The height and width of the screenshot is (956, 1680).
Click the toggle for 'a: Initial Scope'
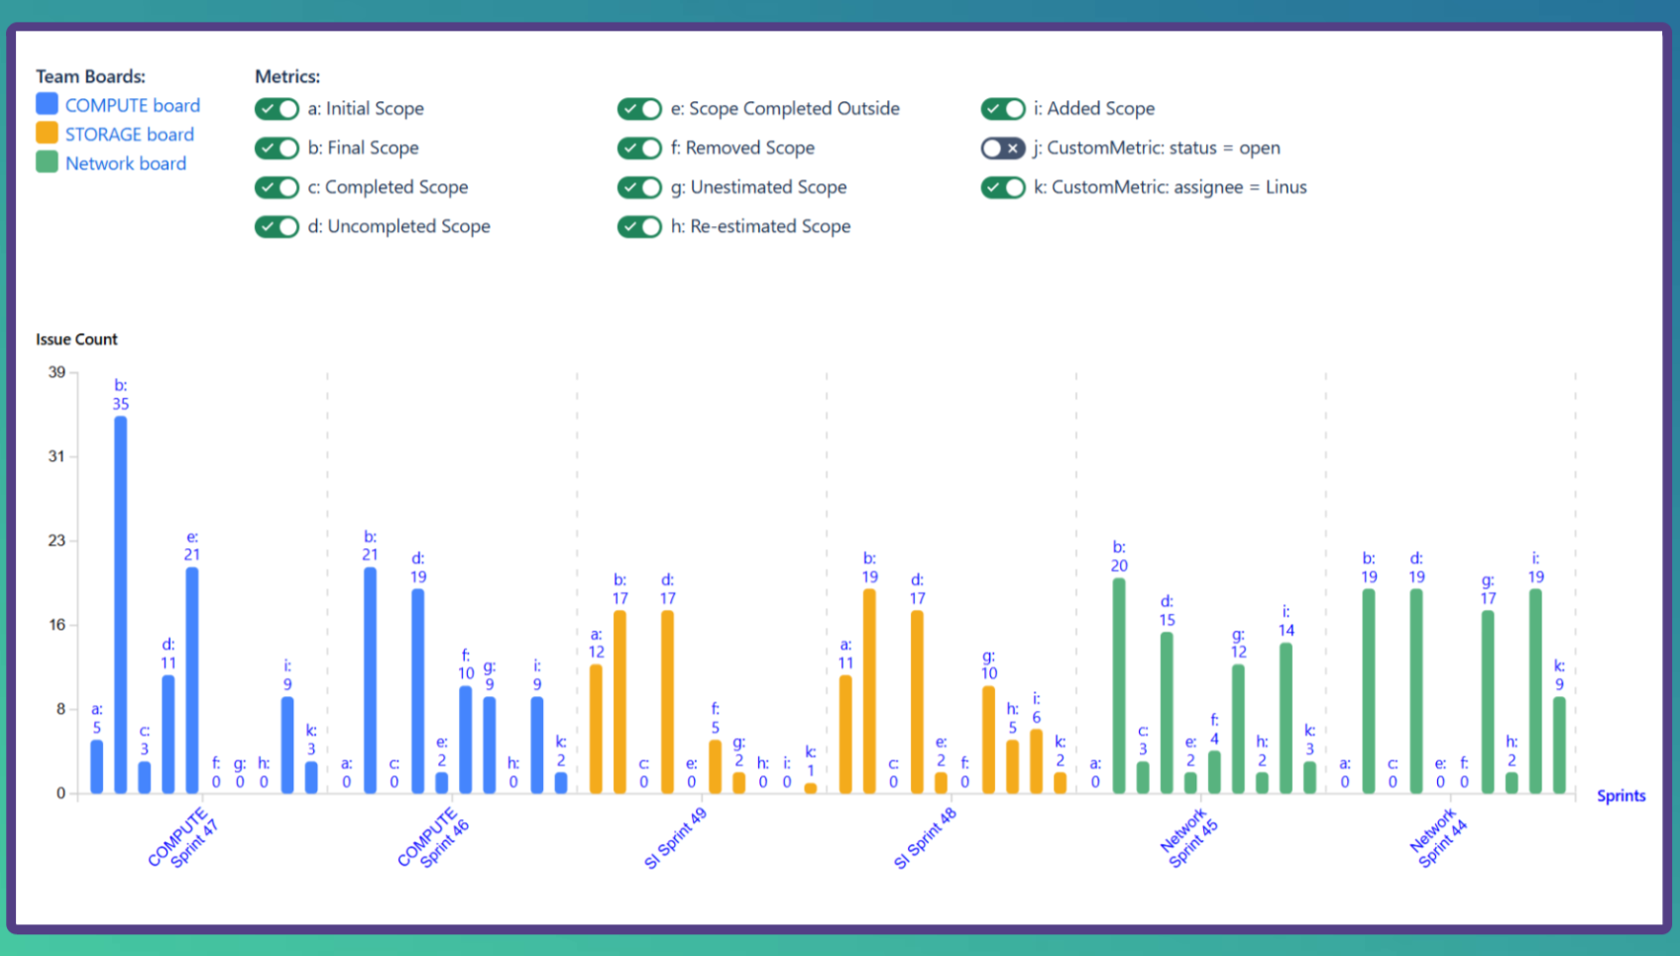coord(277,109)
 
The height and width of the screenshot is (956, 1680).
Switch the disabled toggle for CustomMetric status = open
coord(1002,149)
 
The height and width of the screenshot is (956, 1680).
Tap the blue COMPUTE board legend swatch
coord(47,104)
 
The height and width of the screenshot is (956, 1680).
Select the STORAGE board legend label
coord(129,135)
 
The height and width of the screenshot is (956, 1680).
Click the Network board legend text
coord(125,164)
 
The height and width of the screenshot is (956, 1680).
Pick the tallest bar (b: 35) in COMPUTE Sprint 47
coord(121,605)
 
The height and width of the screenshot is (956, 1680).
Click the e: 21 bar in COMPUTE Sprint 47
coord(192,680)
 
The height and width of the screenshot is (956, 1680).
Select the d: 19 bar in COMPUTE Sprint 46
coord(418,691)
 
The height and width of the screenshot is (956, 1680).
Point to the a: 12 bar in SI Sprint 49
coord(596,729)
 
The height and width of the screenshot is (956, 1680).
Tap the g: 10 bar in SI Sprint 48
coord(989,740)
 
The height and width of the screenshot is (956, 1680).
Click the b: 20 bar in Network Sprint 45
coord(1119,686)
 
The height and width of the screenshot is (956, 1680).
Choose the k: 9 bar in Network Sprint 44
coord(1559,745)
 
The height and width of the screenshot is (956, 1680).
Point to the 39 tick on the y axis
coord(56,373)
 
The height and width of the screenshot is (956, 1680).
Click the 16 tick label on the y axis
coord(56,625)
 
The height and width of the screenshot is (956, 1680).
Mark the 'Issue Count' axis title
coord(76,339)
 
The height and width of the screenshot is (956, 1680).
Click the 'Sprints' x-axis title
coord(1621,796)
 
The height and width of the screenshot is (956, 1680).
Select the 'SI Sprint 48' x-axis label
coord(926,839)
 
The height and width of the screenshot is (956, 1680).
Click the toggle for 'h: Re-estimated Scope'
coord(639,227)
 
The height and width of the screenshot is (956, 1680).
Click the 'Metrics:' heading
coord(287,76)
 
